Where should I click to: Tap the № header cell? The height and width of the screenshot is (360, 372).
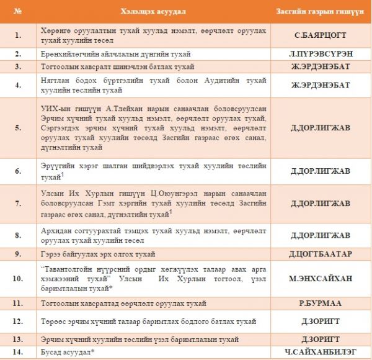click(x=18, y=11)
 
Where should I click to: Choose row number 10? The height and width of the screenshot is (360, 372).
click(x=18, y=279)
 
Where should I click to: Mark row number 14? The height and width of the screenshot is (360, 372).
click(x=18, y=353)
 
